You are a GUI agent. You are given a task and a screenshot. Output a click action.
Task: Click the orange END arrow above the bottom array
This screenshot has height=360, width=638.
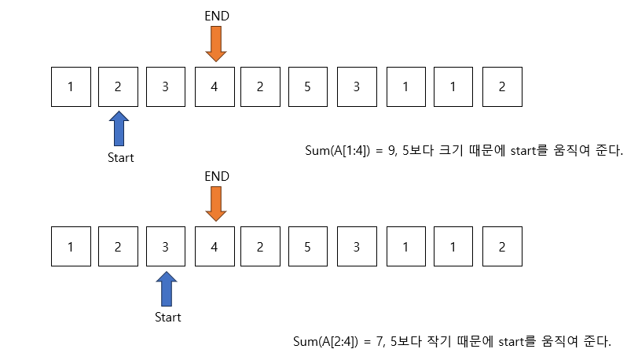click(x=215, y=204)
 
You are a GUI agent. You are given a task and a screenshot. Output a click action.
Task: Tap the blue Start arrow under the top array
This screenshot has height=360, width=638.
click(x=119, y=129)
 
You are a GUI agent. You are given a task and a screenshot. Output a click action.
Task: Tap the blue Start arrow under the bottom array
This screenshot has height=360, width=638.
click(x=167, y=289)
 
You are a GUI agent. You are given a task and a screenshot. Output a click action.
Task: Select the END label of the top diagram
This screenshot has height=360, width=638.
click(x=215, y=17)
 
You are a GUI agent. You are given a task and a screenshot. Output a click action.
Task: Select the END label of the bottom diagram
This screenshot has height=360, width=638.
click(x=215, y=177)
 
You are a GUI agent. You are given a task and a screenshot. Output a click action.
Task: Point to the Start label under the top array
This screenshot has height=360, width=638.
click(x=120, y=157)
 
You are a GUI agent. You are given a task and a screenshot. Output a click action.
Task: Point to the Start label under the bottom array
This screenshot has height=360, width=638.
click(x=167, y=318)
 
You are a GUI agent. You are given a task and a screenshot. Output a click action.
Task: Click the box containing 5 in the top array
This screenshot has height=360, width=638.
click(x=309, y=87)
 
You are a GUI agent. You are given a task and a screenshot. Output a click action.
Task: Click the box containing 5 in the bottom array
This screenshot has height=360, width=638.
click(x=309, y=247)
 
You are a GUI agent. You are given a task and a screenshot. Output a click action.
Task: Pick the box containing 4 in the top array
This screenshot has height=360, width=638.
click(x=214, y=87)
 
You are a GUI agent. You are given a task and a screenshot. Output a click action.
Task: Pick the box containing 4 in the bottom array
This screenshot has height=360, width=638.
click(x=214, y=247)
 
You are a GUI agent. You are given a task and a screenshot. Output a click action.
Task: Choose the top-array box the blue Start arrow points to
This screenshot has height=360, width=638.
click(x=119, y=87)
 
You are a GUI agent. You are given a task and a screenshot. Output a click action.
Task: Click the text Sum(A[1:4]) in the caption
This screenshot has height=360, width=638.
click(x=336, y=150)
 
